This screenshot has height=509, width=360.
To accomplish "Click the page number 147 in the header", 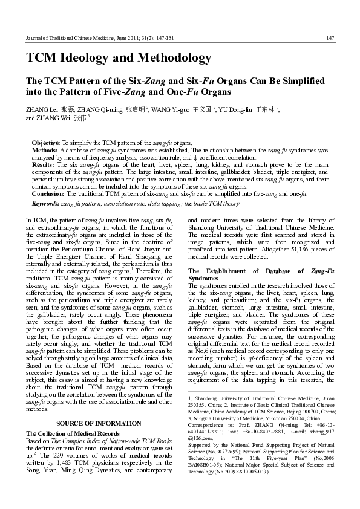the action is pyautogui.click(x=330, y=38).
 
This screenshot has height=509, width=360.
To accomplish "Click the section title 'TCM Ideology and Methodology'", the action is pyautogui.click(x=119, y=59).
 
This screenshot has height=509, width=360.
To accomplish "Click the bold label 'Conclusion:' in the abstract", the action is pyautogui.click(x=48, y=193).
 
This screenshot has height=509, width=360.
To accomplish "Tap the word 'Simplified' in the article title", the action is pyautogui.click(x=282, y=81).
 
